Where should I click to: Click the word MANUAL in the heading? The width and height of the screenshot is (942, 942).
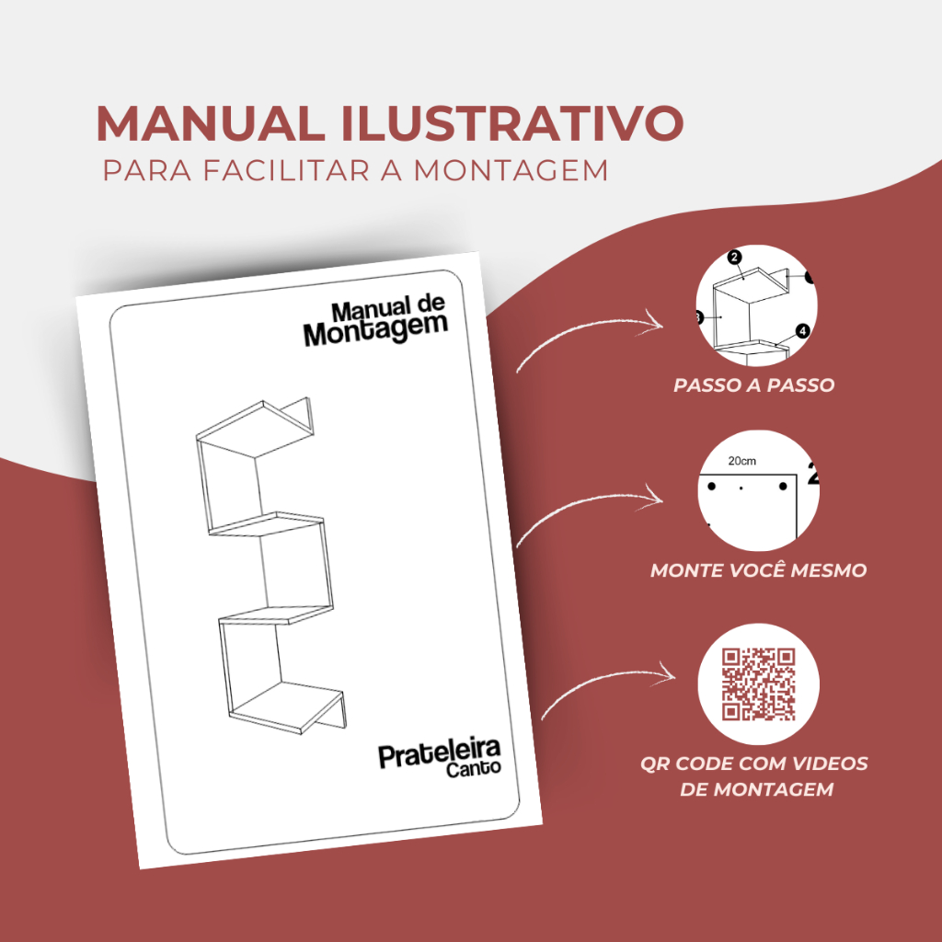click(212, 123)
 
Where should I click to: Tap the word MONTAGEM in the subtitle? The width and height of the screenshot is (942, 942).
click(511, 170)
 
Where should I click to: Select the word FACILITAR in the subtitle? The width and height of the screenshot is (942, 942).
click(286, 170)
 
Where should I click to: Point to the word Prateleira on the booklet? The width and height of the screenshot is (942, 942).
click(439, 753)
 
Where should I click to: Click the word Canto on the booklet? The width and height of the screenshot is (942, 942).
click(473, 768)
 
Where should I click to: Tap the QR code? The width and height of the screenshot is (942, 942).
click(758, 684)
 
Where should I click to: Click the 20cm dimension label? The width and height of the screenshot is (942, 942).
click(742, 462)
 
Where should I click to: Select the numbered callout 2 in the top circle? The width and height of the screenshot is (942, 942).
click(734, 258)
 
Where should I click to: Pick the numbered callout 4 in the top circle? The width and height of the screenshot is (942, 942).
click(802, 331)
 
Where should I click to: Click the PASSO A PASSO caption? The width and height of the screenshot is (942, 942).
click(754, 385)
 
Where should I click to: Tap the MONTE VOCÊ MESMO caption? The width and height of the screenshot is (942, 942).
click(758, 570)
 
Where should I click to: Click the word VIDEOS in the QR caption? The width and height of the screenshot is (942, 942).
click(831, 764)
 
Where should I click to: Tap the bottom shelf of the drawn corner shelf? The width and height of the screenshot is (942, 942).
click(287, 707)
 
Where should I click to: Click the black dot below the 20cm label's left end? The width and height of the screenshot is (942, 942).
click(712, 486)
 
